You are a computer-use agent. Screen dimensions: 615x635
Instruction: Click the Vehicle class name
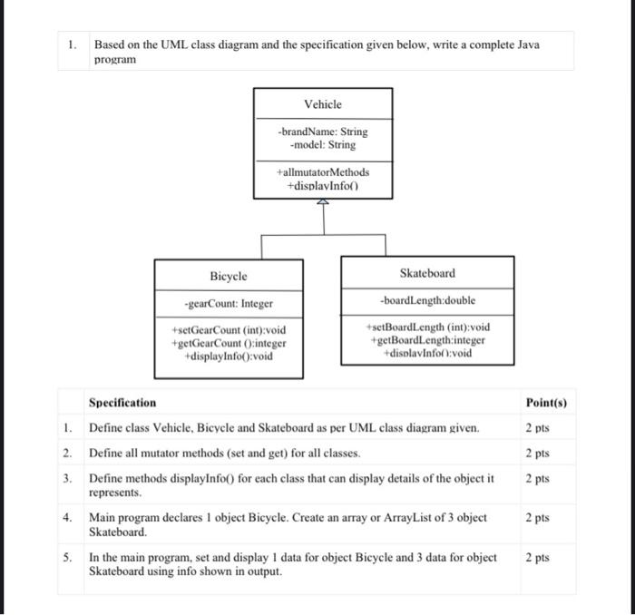(x=323, y=104)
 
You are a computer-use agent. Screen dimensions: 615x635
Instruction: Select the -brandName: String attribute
(x=323, y=132)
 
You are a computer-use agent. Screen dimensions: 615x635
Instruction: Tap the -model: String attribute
(x=323, y=145)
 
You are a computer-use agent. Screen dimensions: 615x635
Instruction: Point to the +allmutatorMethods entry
(x=323, y=171)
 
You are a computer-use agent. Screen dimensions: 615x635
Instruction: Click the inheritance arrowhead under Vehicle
(x=323, y=202)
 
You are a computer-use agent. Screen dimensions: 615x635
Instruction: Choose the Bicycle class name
(x=228, y=276)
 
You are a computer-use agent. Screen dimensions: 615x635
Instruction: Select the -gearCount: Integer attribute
(x=228, y=304)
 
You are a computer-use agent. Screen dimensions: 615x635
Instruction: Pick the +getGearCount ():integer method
(x=228, y=343)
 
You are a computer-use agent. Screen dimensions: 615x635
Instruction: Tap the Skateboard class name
(x=427, y=273)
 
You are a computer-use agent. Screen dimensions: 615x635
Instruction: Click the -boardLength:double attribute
(x=427, y=300)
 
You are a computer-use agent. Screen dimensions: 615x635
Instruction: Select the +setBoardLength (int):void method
(x=427, y=327)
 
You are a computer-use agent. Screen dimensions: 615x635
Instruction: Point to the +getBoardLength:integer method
(x=427, y=339)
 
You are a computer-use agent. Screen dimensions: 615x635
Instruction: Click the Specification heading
(x=122, y=403)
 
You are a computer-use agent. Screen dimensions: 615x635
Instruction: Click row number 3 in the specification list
(x=67, y=478)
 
